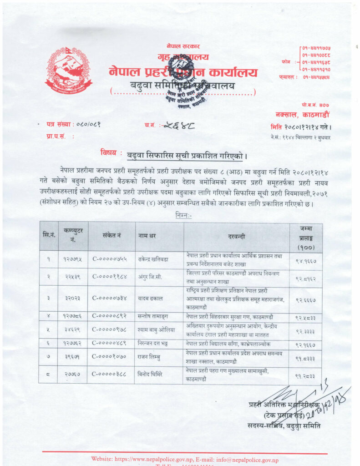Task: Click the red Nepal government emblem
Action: (69, 70)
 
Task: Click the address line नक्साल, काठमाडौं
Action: (302, 115)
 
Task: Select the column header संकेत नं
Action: (112, 236)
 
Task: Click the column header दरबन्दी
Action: (236, 236)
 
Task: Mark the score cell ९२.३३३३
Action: (305, 331)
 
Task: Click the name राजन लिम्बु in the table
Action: (151, 358)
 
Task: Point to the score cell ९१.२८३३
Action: (305, 376)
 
